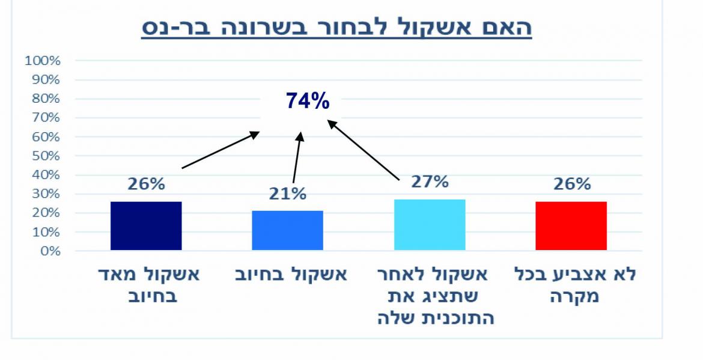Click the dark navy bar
tap(146, 225)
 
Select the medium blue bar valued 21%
tap(287, 230)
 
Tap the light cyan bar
tap(430, 225)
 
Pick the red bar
tap(571, 225)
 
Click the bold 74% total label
tap(308, 102)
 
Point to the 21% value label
tap(288, 194)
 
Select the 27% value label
tap(430, 182)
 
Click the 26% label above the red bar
tap(571, 184)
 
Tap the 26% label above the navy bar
tap(146, 184)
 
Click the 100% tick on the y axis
tap(43, 61)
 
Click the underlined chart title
tap(336, 28)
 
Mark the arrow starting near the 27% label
tap(364, 150)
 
